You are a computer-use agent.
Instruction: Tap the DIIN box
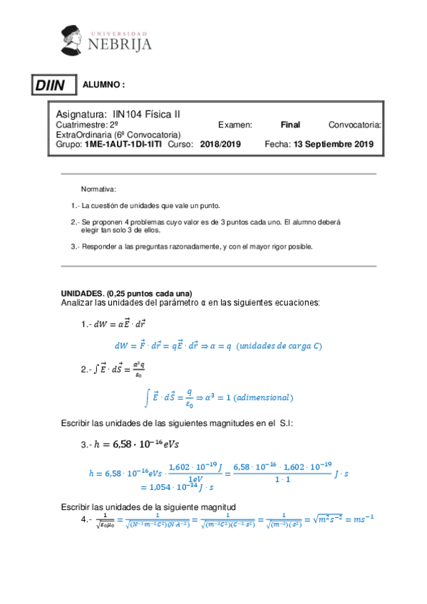click(51, 86)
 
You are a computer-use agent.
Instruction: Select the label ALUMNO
click(104, 84)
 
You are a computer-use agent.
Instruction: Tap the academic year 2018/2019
click(221, 144)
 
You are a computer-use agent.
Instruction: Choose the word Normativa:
click(98, 189)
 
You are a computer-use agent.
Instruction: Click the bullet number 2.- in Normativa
click(75, 222)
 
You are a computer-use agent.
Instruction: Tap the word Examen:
click(235, 125)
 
